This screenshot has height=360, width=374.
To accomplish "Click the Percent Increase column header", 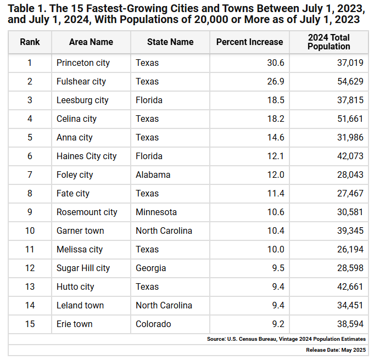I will (x=249, y=42).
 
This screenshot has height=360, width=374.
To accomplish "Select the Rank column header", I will (x=30, y=42).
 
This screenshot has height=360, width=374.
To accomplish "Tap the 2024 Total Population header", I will (x=328, y=42).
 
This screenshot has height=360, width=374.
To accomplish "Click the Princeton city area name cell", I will (x=83, y=63).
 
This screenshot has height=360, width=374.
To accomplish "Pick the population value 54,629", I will (x=350, y=81).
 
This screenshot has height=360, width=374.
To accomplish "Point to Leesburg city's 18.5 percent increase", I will (x=275, y=100).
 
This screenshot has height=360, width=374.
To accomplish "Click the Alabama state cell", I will (x=153, y=175).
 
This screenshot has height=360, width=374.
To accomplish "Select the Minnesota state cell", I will (x=156, y=212).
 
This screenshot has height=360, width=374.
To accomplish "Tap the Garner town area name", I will (x=80, y=230).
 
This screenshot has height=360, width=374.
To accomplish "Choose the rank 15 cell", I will (x=30, y=324).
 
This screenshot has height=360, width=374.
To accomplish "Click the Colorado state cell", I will (x=153, y=324).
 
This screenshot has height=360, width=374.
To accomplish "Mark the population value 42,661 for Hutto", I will (x=350, y=286).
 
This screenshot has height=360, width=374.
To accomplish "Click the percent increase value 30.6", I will (x=275, y=63).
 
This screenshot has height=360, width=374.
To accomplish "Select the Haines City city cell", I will (x=86, y=156).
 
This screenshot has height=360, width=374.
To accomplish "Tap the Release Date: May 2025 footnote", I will (x=336, y=350).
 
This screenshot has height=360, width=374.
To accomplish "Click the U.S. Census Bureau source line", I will (x=286, y=339).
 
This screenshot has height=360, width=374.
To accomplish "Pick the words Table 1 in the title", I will (x=25, y=9).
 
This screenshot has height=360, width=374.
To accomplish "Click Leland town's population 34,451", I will (x=350, y=305).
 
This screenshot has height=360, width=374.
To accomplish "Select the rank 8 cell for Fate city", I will (x=30, y=193).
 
